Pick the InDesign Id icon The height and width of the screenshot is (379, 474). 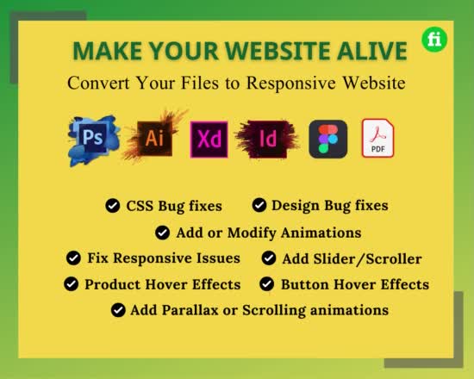coord(268,138)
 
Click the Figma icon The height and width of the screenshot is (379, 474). coord(327,139)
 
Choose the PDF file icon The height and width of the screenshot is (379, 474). coord(378,138)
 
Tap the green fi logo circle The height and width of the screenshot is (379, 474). coord(434,40)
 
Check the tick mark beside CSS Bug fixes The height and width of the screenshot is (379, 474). coord(112,206)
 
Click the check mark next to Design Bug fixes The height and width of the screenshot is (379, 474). coord(259,205)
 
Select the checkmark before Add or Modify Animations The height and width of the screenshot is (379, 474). coord(162,233)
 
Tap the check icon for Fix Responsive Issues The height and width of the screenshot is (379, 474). coord(74,258)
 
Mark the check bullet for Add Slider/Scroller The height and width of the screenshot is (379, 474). coord(268,258)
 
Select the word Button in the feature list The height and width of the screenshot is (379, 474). coord(306,284)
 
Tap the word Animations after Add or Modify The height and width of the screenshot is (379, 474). coord(321,233)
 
